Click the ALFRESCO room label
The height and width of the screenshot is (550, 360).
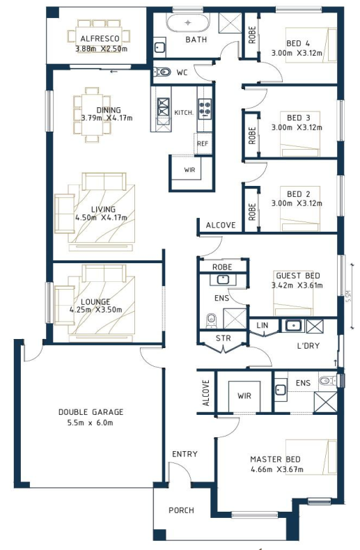(100, 38)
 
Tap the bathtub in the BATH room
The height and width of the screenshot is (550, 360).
(188, 23)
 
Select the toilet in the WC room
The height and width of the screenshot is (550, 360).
(162, 72)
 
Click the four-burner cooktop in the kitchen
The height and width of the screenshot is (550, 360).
(205, 109)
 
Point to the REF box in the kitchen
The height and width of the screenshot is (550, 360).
(203, 143)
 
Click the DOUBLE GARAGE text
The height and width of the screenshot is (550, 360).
(91, 411)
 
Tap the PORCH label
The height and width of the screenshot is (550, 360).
(181, 510)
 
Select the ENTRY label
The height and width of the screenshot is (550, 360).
(185, 454)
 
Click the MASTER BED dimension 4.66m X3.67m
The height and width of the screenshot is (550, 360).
(277, 469)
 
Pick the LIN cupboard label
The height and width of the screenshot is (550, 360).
(262, 326)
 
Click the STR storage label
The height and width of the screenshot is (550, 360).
(223, 338)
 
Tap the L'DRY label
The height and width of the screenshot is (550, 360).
(308, 346)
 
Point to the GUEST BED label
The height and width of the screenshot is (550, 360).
(298, 276)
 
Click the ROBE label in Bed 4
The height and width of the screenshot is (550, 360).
(252, 35)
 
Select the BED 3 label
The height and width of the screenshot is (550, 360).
(299, 118)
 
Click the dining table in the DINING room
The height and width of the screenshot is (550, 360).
(92, 114)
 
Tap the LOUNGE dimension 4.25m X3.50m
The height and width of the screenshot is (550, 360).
(96, 310)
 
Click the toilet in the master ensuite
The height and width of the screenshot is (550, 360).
(327, 380)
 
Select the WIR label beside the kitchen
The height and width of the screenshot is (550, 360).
(189, 170)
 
